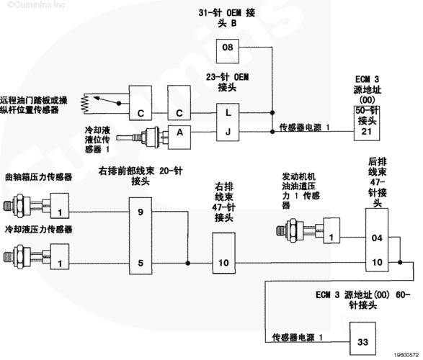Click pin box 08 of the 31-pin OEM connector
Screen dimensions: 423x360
228,51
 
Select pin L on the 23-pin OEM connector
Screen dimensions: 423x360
228,112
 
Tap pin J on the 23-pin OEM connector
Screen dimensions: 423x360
228,132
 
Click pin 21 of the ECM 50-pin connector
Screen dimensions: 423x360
367,132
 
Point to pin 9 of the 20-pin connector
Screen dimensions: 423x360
141,212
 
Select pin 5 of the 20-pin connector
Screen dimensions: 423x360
141,263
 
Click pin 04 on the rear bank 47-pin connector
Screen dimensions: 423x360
377,238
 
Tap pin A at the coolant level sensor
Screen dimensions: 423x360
179,137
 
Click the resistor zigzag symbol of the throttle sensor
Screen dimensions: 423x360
85,104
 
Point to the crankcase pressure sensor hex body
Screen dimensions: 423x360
19,206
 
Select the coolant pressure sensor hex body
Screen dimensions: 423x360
19,256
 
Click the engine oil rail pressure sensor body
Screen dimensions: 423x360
293,230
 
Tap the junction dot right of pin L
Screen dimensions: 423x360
272,112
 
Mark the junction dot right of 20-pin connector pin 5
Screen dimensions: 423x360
188,263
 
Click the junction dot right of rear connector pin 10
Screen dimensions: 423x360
400,262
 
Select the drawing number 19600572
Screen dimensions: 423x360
406,355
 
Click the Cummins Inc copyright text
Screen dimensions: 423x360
37,5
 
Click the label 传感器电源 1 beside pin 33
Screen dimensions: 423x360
297,337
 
